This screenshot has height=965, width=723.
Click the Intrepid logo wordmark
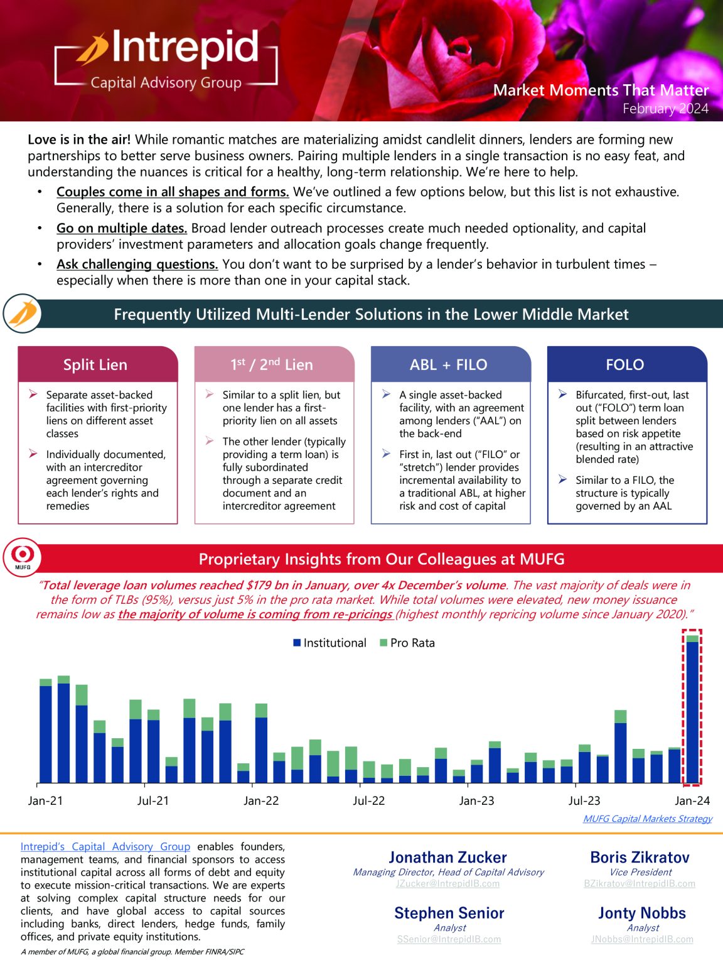[184, 48]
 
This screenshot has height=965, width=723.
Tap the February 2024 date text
[665, 109]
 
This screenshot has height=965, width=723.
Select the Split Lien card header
[95, 364]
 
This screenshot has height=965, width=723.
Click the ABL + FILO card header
[448, 364]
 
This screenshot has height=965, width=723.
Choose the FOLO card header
[624, 364]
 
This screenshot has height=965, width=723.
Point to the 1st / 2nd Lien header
[272, 364]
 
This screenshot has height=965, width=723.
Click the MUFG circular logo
[23, 557]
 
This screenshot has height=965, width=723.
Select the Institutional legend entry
[329, 643]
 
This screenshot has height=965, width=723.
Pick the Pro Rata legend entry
[407, 643]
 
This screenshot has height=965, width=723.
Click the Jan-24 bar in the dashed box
[692, 710]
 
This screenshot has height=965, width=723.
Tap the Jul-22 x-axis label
[369, 801]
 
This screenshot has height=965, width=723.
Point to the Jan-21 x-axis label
[45, 801]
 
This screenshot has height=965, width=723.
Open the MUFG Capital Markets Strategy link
[648, 819]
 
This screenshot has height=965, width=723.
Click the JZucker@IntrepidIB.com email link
[448, 883]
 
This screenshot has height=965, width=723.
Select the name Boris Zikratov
[640, 858]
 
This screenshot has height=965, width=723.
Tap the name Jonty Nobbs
[642, 913]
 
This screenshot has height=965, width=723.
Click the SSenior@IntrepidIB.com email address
[449, 939]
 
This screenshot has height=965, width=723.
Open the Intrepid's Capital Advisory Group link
[105, 847]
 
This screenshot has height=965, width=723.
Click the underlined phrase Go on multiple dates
[122, 228]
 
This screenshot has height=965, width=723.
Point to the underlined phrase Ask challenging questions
[137, 264]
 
